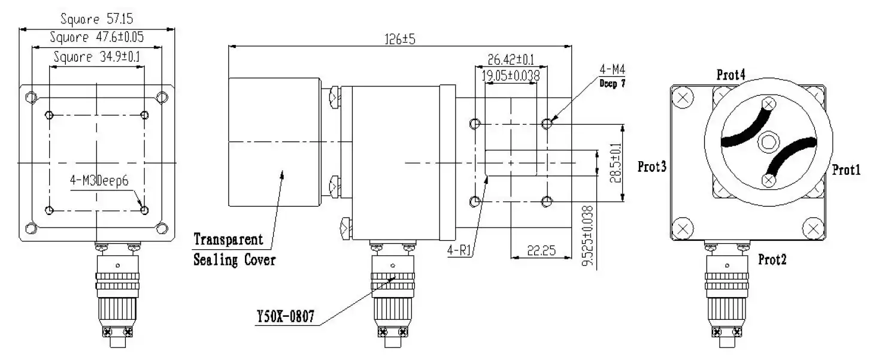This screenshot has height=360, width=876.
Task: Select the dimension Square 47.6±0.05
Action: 96,37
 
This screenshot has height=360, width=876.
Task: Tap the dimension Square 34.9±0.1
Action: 96,58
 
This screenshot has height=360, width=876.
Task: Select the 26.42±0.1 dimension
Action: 510,59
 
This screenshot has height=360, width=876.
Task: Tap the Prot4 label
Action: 731,75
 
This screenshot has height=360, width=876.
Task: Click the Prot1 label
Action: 846,171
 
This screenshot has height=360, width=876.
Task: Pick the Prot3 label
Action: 652,167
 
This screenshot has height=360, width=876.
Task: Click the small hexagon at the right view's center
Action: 767,142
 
